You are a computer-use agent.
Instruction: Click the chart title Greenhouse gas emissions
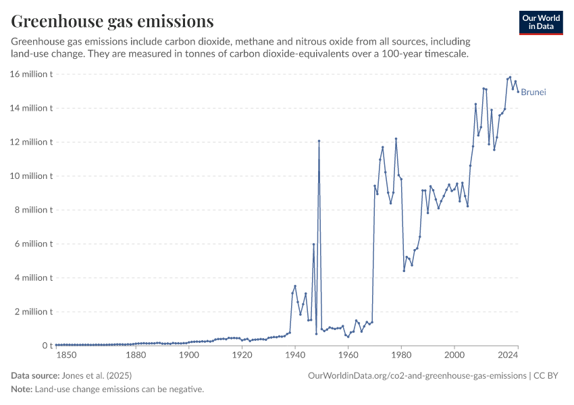[x=112, y=21]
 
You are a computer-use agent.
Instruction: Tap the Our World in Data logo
[x=541, y=22]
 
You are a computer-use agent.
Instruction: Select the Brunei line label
[x=533, y=92]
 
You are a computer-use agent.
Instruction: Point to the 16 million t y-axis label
[x=32, y=74]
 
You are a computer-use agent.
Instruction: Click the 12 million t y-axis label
[x=32, y=142]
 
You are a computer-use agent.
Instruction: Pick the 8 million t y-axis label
[x=34, y=210]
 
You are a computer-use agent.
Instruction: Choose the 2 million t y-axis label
[x=34, y=312]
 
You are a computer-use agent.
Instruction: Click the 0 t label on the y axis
[x=47, y=346]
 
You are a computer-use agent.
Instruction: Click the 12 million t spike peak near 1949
[x=319, y=141]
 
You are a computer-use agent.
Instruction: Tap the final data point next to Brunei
[x=518, y=92]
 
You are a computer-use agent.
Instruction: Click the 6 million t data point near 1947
[x=313, y=244]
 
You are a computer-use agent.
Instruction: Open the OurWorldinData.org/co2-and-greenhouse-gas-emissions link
[x=417, y=375]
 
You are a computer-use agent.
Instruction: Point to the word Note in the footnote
[x=22, y=389]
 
